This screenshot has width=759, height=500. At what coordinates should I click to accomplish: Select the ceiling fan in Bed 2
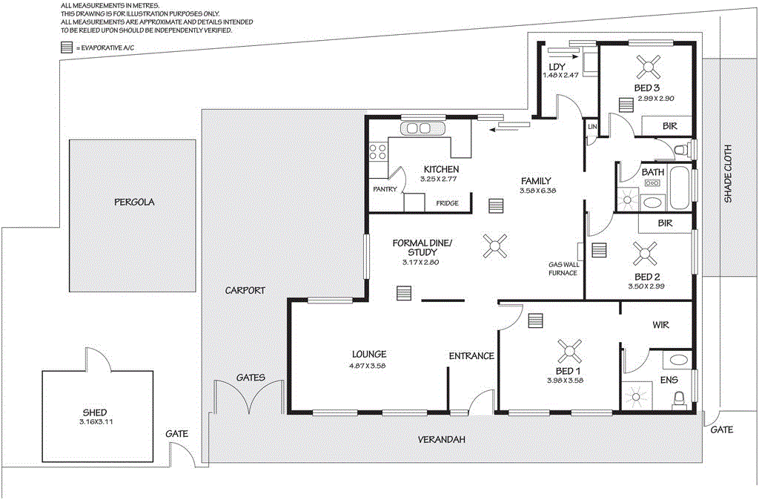(x=642, y=254)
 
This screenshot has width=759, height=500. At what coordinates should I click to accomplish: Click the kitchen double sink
(x=418, y=128)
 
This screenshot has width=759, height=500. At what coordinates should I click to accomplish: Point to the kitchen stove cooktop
(x=377, y=152)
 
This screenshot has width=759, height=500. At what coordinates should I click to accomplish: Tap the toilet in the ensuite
(x=677, y=400)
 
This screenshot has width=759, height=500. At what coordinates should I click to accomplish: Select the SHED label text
(x=95, y=412)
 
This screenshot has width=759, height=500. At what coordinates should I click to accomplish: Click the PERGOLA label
(x=133, y=202)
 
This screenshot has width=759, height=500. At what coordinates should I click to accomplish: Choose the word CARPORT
(x=245, y=291)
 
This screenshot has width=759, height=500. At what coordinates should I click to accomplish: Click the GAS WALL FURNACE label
(x=563, y=269)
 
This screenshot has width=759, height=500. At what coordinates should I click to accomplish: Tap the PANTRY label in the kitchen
(x=386, y=188)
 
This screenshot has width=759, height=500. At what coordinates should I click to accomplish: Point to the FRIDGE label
(x=447, y=203)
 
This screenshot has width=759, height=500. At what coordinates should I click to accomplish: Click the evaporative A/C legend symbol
(x=67, y=47)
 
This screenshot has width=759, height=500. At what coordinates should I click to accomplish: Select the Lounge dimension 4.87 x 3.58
(x=368, y=366)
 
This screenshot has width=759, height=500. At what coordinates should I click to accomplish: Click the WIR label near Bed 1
(x=660, y=325)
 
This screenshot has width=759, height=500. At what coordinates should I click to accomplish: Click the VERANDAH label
(x=441, y=440)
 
